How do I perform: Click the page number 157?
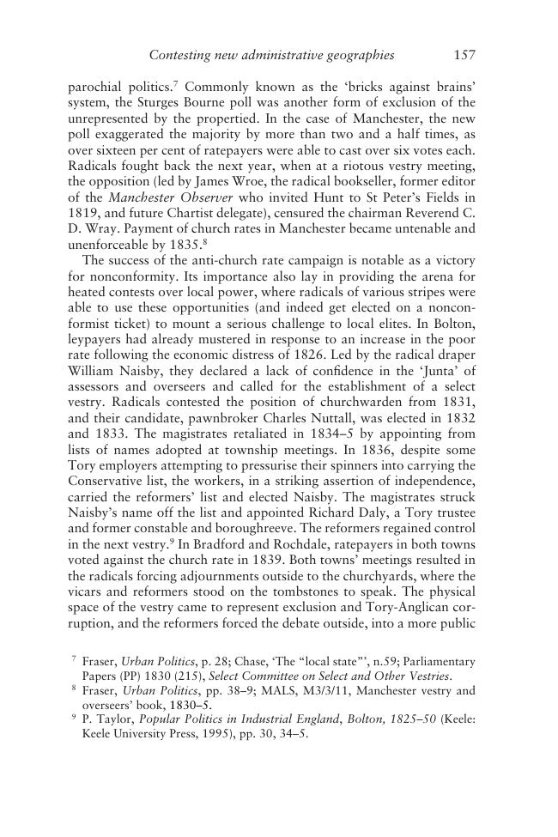tap(464, 56)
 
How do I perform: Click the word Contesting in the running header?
tap(181, 56)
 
